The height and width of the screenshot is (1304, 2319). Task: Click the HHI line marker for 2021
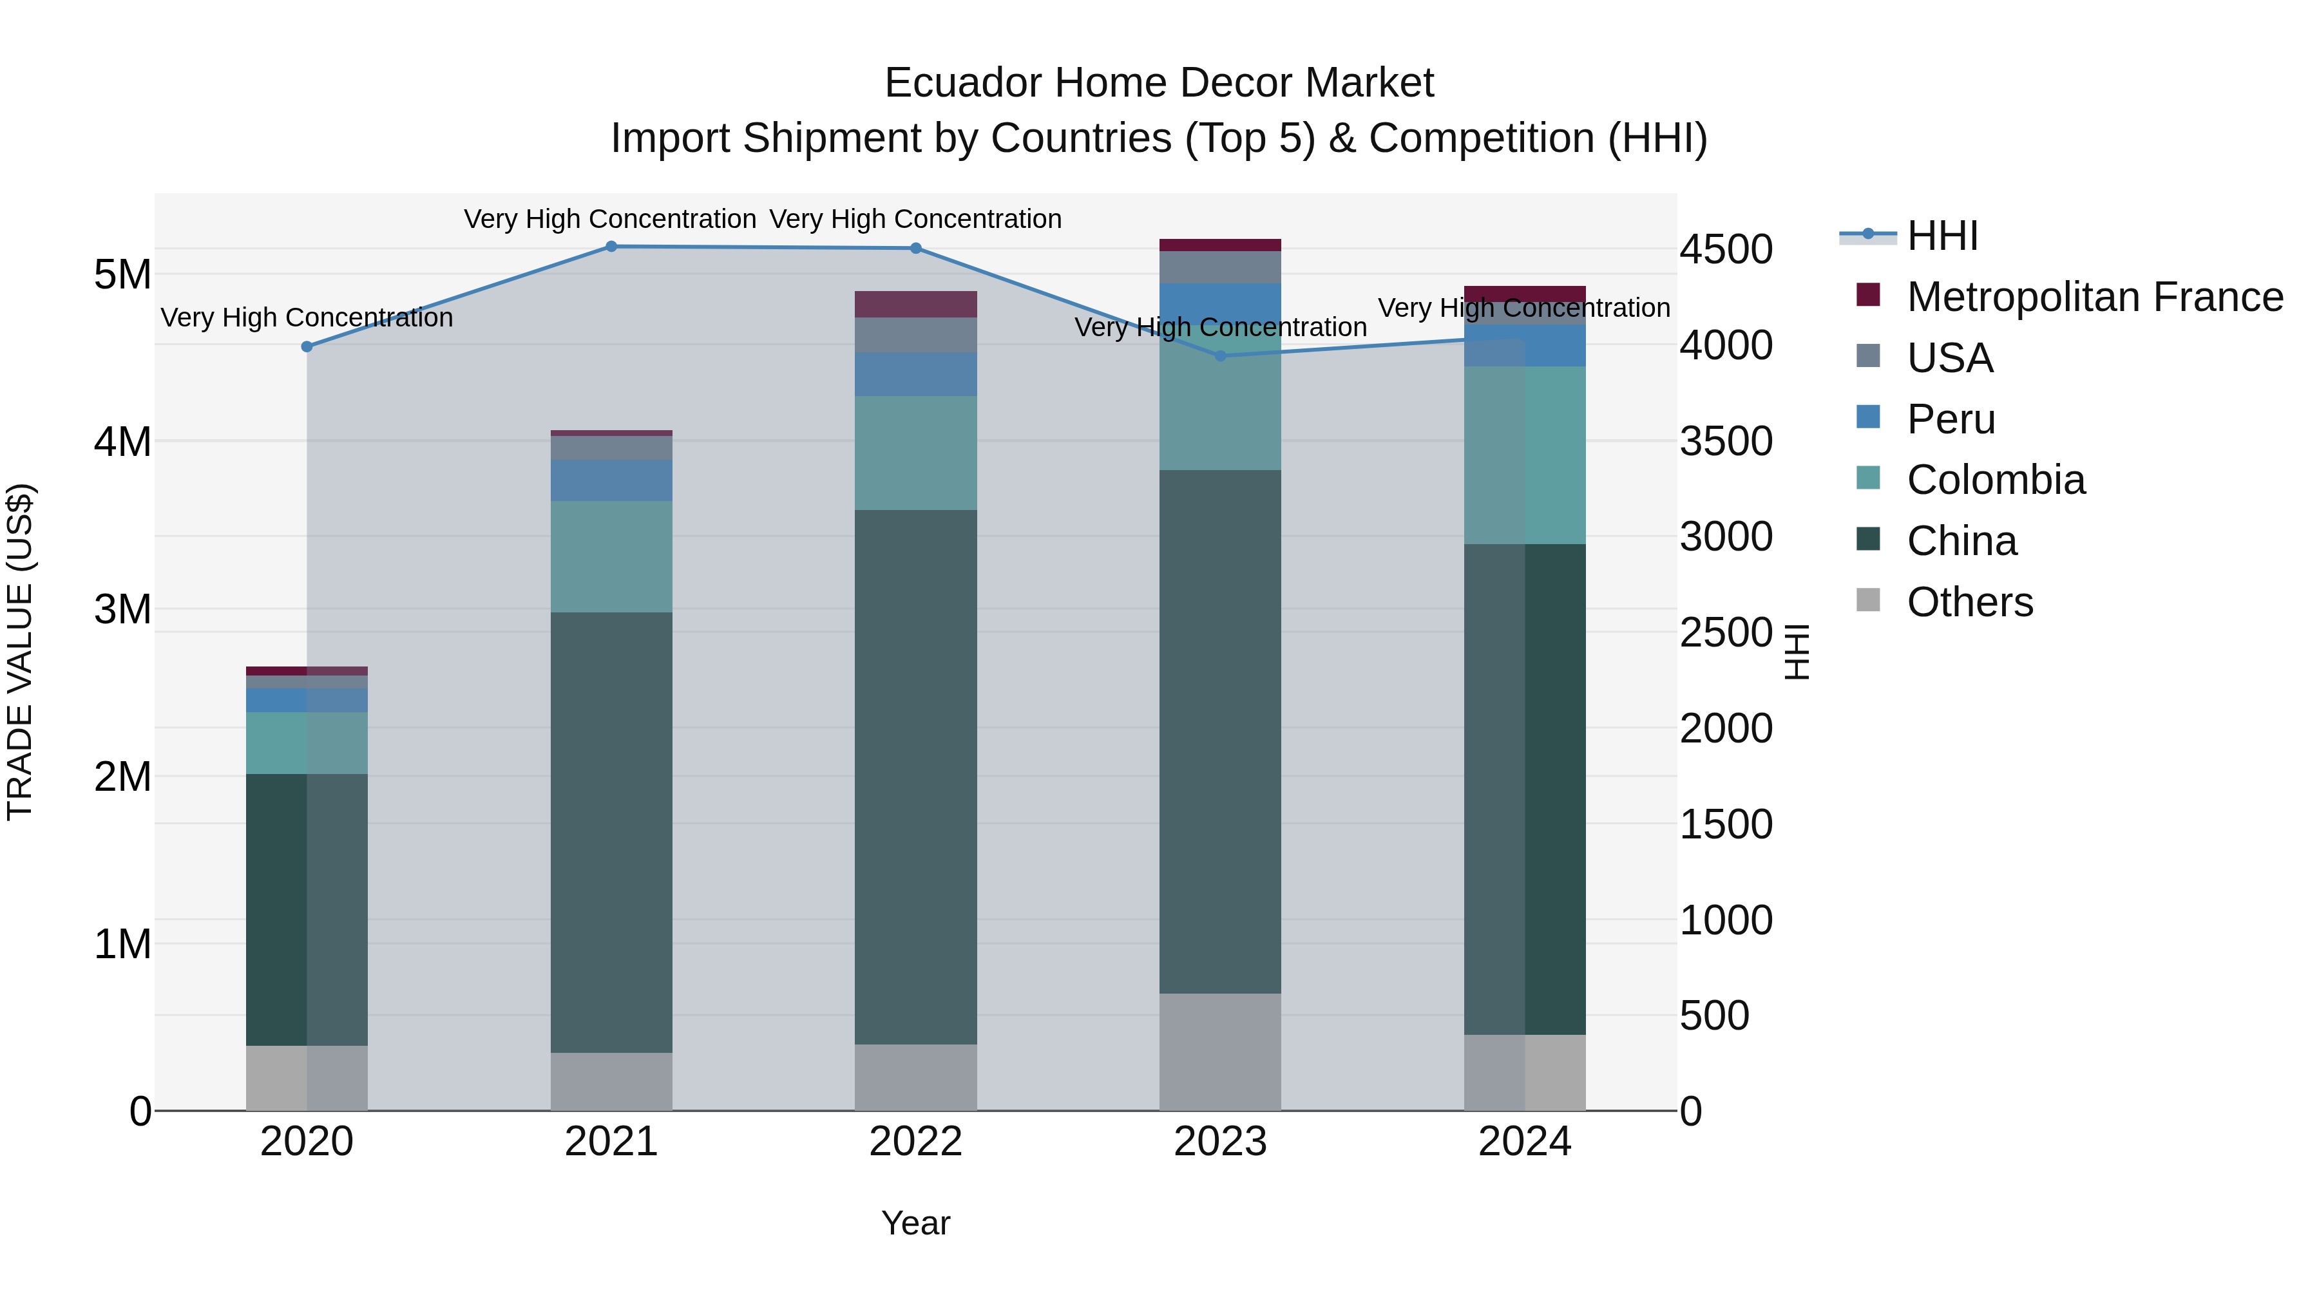coord(611,247)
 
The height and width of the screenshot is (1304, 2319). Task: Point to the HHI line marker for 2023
coord(1221,355)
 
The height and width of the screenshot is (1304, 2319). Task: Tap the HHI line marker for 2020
coord(307,346)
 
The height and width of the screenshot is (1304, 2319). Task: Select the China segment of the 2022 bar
coord(915,777)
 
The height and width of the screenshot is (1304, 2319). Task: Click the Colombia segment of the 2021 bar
coord(611,556)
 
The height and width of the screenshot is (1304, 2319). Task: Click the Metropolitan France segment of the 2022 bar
coord(915,304)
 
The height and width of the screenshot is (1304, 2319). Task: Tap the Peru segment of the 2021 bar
coord(611,480)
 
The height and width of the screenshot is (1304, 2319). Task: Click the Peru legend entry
coord(1950,419)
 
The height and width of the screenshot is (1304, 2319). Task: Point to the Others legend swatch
coord(1869,600)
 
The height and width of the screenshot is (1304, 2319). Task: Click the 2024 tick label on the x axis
coord(1524,1142)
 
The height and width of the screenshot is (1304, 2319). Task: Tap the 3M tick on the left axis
coord(122,609)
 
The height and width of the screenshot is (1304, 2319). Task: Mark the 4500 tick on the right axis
coord(1726,250)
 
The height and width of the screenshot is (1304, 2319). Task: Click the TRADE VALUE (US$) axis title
coord(21,652)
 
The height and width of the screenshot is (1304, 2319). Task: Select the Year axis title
coord(915,1223)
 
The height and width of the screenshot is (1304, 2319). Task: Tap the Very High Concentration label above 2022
coord(915,219)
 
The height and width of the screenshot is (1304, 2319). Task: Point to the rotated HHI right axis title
coord(1795,652)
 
